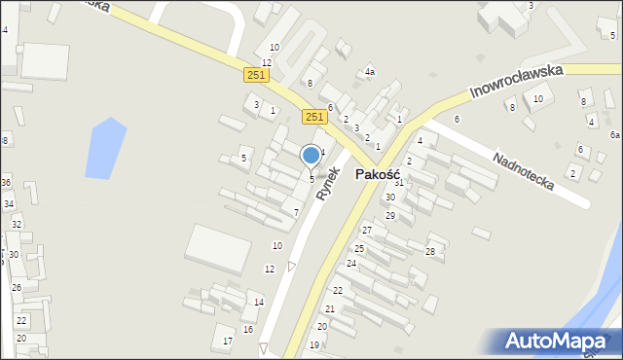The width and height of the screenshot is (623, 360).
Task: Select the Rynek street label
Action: point(329,183)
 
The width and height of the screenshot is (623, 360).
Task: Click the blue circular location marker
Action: point(311,155)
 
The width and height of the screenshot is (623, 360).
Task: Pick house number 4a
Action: point(370,72)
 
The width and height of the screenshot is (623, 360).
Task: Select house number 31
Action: point(398,183)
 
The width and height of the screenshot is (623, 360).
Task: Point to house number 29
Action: point(390,216)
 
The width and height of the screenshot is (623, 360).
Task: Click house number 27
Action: point(367,231)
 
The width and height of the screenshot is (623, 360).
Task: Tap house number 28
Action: point(430,252)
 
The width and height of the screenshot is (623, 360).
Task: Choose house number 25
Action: point(358,249)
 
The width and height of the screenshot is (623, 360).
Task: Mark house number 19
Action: point(314,345)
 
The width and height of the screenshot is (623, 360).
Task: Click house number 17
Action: point(228,341)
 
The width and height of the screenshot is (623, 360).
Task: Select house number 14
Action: point(259,303)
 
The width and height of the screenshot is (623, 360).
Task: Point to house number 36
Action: point(6,183)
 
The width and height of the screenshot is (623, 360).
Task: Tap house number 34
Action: point(9,204)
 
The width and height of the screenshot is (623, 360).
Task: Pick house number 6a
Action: point(615,135)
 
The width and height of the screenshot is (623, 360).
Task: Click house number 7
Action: point(296,212)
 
